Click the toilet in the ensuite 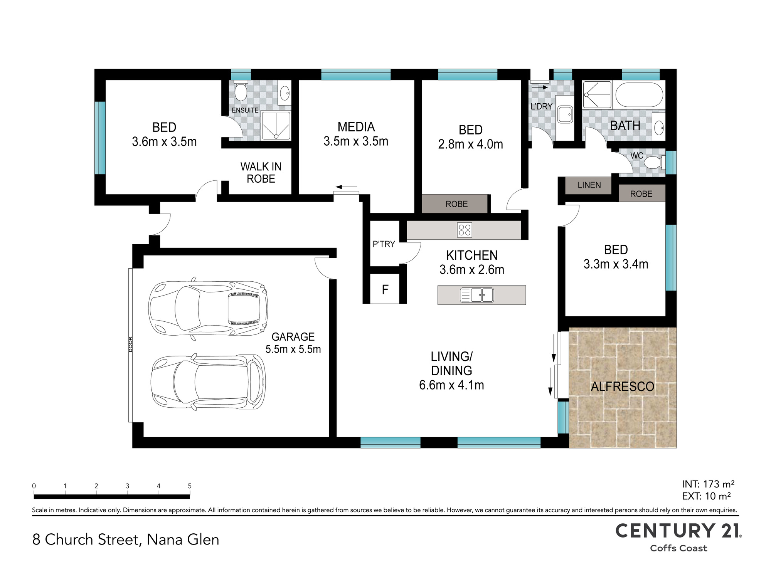(x=241, y=91)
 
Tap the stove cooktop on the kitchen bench (x=465, y=230)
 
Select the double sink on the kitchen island (x=477, y=295)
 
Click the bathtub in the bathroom (x=639, y=95)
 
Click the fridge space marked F (x=385, y=289)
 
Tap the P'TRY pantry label (x=384, y=244)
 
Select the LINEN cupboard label (x=589, y=185)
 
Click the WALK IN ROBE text (x=261, y=173)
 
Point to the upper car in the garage (x=208, y=308)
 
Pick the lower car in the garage (x=208, y=381)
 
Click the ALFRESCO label (x=623, y=386)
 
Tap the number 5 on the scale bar (x=190, y=486)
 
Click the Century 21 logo (x=678, y=537)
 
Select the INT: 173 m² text (x=708, y=484)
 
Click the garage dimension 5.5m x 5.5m (x=293, y=349)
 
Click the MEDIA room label (x=356, y=127)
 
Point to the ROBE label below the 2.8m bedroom (x=456, y=204)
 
